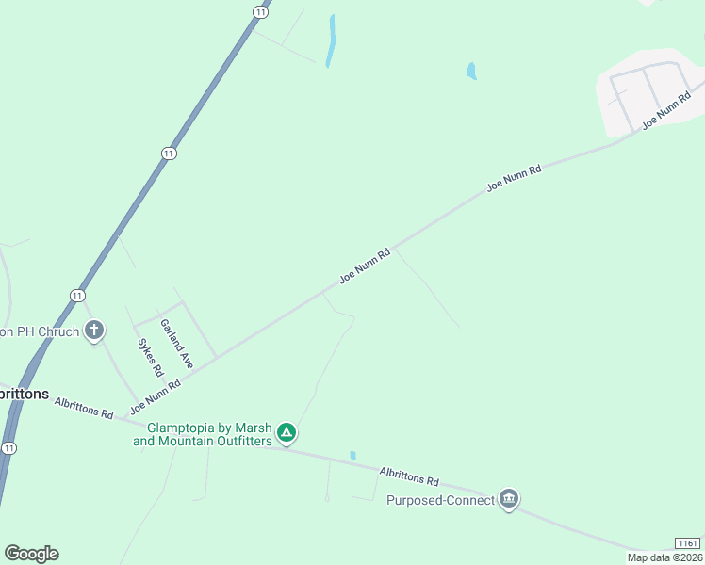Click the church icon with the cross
tap(94, 331)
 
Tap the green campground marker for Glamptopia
tap(287, 433)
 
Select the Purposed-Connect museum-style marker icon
tap(509, 499)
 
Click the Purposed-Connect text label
tap(440, 500)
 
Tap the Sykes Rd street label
tap(151, 358)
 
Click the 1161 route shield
tap(688, 543)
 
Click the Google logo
tap(32, 554)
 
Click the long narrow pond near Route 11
tap(331, 40)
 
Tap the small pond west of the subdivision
tap(471, 71)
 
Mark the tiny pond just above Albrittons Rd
tap(352, 455)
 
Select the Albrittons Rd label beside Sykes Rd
tap(84, 408)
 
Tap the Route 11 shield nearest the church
tap(76, 295)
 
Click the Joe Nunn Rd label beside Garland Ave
tap(155, 395)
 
